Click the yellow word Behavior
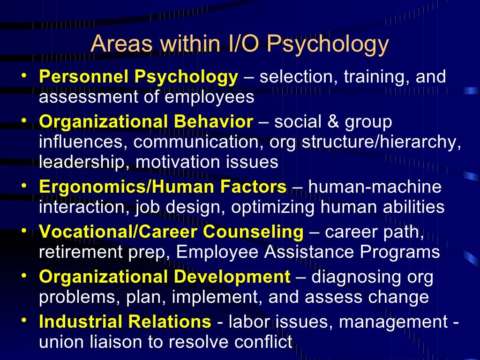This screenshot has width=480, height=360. point(213,122)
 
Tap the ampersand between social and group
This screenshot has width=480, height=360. point(332,122)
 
